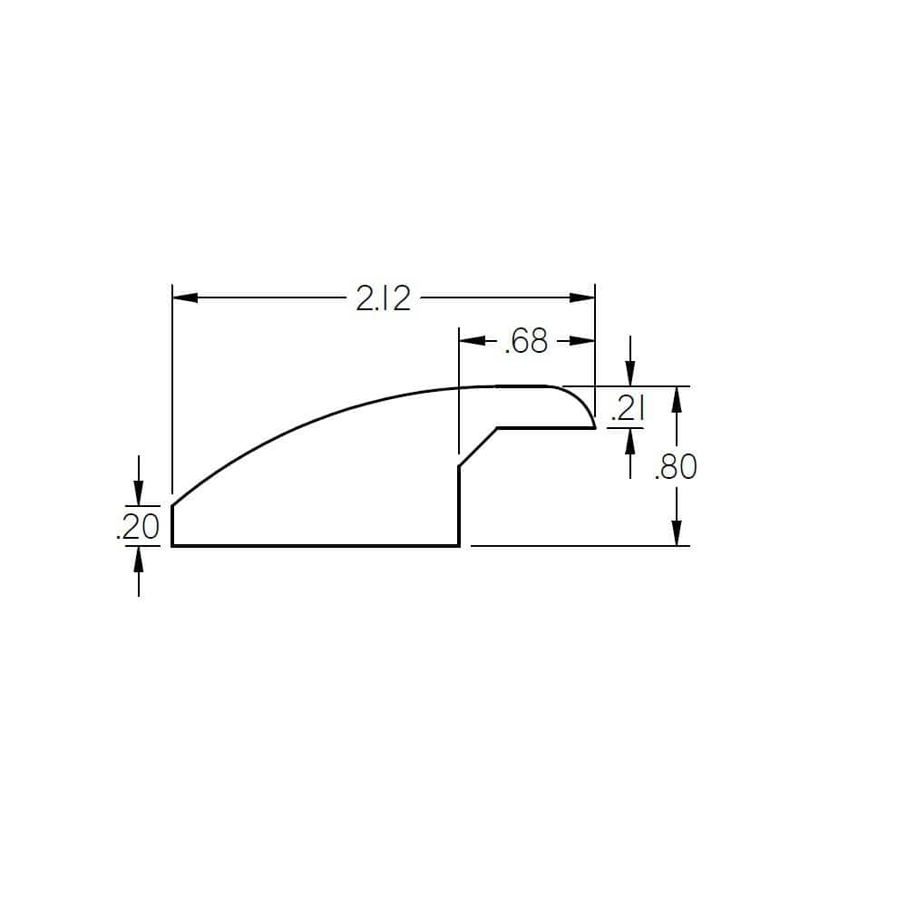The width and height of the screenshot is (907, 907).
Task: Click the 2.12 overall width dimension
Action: tap(383, 297)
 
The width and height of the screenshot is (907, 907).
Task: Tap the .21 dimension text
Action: tap(627, 410)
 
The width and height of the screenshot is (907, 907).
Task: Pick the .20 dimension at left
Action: tap(138, 526)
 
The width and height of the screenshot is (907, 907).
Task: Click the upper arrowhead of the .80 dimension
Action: tap(676, 398)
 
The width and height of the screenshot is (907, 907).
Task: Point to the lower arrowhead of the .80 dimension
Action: tap(676, 534)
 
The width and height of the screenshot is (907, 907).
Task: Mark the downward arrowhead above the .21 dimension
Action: tap(631, 375)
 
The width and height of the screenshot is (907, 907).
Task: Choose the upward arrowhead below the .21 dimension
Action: tap(631, 440)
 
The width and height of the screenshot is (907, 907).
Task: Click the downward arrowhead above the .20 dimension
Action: tap(138, 493)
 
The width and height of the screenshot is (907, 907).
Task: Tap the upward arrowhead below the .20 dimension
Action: tap(138, 558)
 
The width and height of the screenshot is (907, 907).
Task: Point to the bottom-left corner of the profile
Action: tap(172, 546)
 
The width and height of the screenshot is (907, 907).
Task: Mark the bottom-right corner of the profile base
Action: tap(459, 546)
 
